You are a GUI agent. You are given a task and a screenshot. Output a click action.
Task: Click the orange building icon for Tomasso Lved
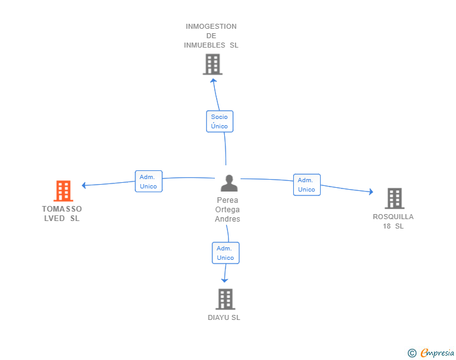(x=63, y=191)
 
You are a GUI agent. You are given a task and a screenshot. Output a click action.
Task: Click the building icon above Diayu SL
(x=225, y=299)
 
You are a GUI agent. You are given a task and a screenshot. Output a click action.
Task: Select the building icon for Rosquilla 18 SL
(x=394, y=198)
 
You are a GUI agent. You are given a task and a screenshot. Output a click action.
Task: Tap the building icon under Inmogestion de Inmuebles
(x=212, y=64)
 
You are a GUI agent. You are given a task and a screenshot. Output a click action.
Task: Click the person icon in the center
(x=229, y=183)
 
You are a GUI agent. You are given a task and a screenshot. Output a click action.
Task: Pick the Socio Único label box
(x=219, y=121)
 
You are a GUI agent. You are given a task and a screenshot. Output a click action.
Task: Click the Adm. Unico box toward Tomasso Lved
(x=148, y=182)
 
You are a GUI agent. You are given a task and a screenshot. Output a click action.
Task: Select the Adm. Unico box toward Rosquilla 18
(x=306, y=185)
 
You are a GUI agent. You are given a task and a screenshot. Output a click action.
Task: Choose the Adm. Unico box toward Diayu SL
(x=225, y=253)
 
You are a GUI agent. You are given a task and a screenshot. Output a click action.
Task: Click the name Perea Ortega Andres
(x=227, y=210)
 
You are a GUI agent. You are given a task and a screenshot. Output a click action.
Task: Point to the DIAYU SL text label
(x=224, y=317)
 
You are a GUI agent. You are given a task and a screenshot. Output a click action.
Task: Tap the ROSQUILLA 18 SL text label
(x=393, y=221)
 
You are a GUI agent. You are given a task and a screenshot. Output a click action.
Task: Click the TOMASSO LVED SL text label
(x=62, y=213)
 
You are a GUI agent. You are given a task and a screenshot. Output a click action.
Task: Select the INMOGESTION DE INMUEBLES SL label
(x=211, y=36)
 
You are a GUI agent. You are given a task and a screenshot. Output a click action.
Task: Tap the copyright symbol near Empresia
(x=412, y=353)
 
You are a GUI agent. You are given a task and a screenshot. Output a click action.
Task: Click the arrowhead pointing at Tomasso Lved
(x=84, y=185)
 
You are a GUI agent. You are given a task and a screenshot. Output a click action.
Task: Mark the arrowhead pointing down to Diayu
(x=224, y=280)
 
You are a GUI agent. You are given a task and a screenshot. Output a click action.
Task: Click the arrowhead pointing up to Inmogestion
(x=213, y=80)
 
